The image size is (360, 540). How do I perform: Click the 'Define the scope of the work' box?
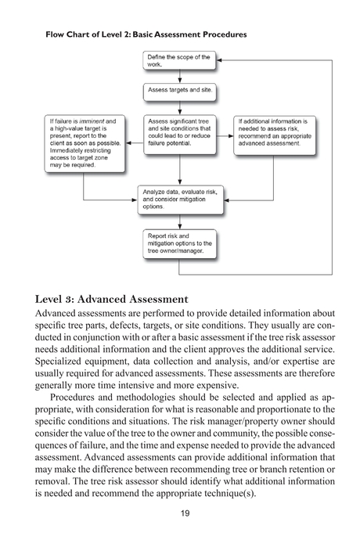[179, 61]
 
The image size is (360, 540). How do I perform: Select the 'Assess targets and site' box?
[179, 91]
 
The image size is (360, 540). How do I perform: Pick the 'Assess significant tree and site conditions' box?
[179, 133]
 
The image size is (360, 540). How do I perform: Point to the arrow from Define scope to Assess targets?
[180, 77]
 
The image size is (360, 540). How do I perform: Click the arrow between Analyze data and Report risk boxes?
[180, 221]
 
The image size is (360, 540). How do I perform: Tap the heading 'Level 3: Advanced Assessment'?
[112, 299]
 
